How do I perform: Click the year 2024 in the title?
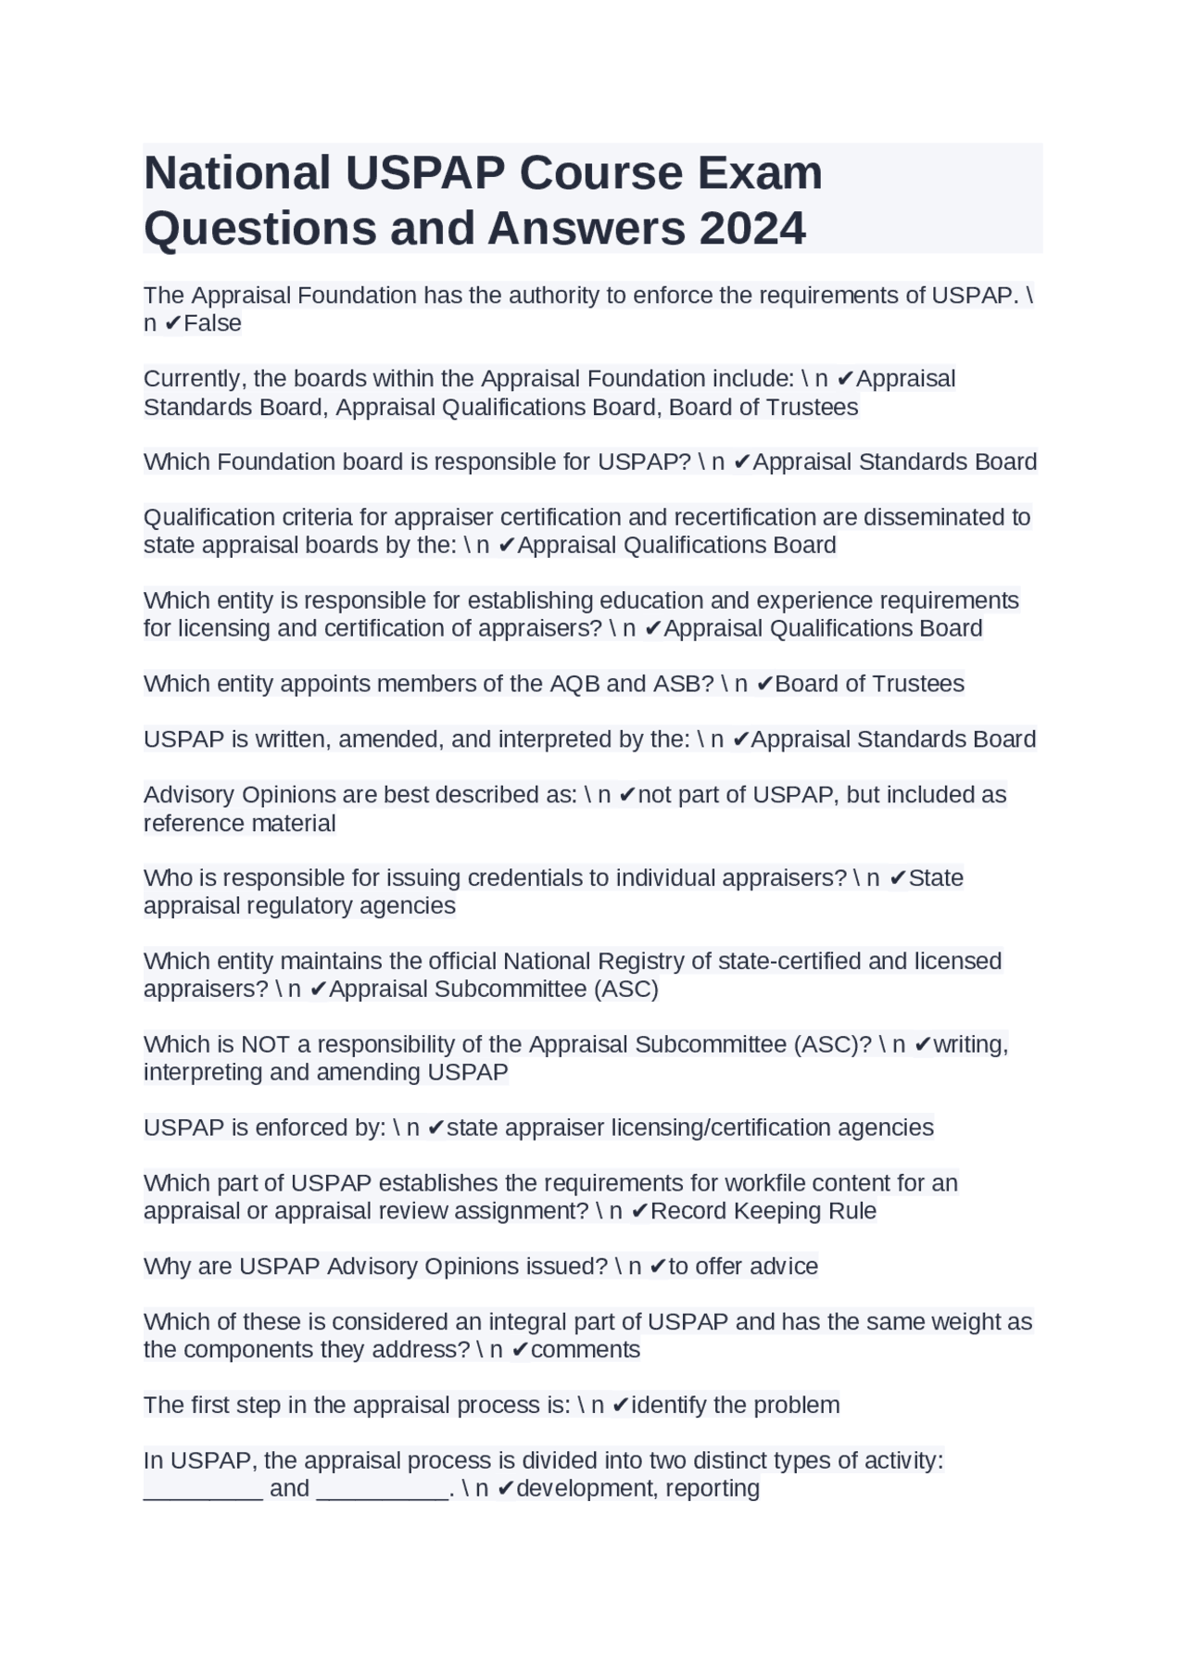[752, 228]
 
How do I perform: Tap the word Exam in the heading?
[760, 172]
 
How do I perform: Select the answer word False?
[212, 323]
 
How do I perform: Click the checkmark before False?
[172, 323]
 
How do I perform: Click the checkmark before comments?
[520, 1350]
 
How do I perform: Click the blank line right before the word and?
[203, 1489]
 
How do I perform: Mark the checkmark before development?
[506, 1489]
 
